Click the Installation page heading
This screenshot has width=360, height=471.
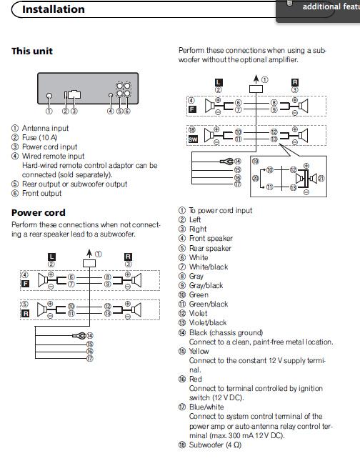click(54, 9)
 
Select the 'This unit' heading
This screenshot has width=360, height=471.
click(32, 51)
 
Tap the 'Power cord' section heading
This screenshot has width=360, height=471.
click(39, 213)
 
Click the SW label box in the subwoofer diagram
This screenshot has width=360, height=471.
click(193, 139)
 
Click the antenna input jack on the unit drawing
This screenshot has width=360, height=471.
click(49, 96)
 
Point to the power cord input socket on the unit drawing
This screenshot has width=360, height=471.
click(74, 94)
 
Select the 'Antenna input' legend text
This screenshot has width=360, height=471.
click(45, 128)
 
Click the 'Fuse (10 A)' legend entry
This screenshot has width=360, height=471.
click(39, 137)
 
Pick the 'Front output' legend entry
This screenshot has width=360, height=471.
click(41, 194)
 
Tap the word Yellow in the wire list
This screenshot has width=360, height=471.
click(199, 351)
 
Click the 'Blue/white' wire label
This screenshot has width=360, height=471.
click(206, 407)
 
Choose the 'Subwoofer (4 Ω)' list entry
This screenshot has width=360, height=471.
click(215, 445)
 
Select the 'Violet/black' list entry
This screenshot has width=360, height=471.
click(208, 322)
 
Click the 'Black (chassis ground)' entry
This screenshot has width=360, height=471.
click(226, 332)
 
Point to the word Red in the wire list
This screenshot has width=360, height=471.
click(196, 379)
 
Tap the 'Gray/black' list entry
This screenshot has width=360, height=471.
click(206, 285)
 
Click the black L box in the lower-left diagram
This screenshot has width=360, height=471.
click(51, 257)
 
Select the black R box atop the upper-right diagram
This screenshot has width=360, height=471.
click(295, 82)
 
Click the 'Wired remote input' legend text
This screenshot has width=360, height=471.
click(53, 157)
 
